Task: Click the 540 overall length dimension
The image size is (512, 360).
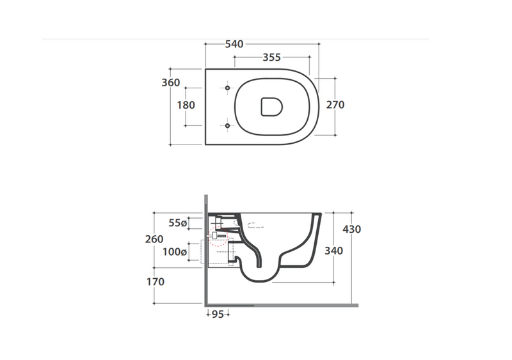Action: pyautogui.click(x=234, y=44)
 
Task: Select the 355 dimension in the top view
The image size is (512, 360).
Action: pyautogui.click(x=271, y=58)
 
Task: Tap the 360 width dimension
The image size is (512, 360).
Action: pyautogui.click(x=171, y=82)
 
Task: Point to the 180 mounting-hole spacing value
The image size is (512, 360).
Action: pyautogui.click(x=186, y=105)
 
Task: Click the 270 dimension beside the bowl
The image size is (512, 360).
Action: pyautogui.click(x=335, y=105)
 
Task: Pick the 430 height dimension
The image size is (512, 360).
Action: pyautogui.click(x=351, y=229)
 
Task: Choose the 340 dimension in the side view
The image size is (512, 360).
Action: pyautogui.click(x=333, y=251)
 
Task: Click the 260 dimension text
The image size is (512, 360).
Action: pyautogui.click(x=154, y=239)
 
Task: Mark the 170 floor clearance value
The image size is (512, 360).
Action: pyautogui.click(x=155, y=281)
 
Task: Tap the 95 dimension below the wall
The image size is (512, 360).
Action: pyautogui.click(x=218, y=315)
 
